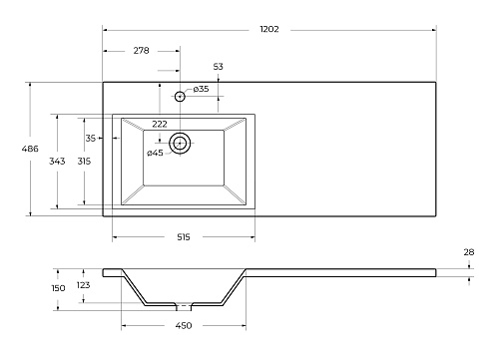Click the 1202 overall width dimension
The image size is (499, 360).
pyautogui.click(x=269, y=29)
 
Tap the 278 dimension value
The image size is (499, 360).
pyautogui.click(x=141, y=51)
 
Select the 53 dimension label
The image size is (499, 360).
pyautogui.click(x=218, y=67)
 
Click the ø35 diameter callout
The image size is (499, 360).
pyautogui.click(x=201, y=89)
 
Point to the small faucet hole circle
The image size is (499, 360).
pyautogui.click(x=180, y=97)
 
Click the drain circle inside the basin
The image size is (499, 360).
pyautogui.click(x=180, y=144)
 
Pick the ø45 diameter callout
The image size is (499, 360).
pyautogui.click(x=155, y=153)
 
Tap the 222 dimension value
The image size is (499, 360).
pyautogui.click(x=160, y=124)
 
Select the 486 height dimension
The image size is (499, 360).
pyautogui.click(x=30, y=149)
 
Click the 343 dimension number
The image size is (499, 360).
pyautogui.click(x=57, y=162)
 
